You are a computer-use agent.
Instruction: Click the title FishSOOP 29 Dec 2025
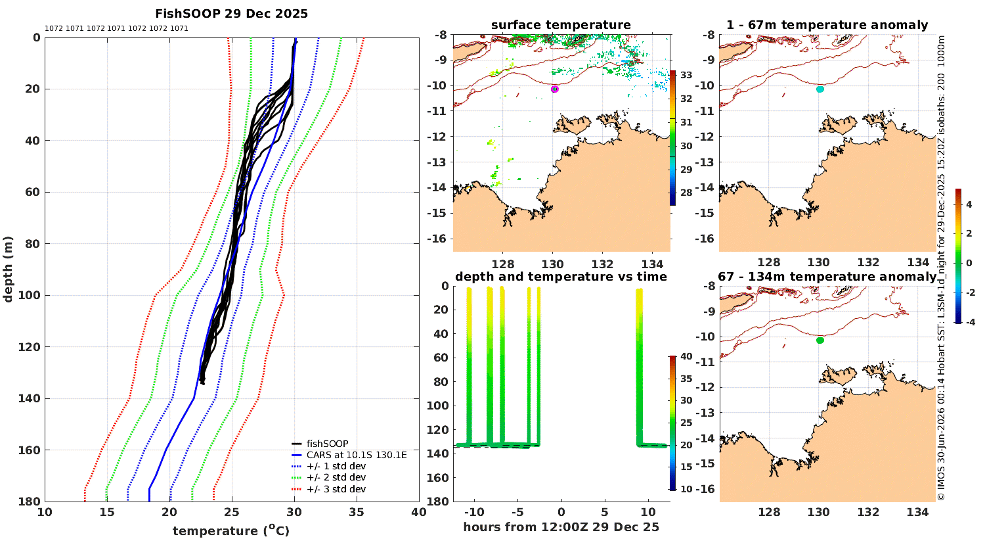[x=231, y=14]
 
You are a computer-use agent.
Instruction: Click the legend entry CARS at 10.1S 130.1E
[x=357, y=455]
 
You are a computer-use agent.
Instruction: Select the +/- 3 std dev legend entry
[x=336, y=489]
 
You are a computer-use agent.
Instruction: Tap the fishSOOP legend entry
[x=328, y=444]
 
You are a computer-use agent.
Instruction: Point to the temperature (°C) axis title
[x=231, y=530]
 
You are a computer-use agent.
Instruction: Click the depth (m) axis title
[x=8, y=269]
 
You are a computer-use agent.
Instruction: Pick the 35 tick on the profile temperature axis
[x=357, y=512]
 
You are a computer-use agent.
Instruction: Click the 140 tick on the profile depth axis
[x=30, y=398]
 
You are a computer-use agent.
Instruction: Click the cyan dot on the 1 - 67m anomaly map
[x=820, y=89]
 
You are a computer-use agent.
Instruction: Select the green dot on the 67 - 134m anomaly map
[x=820, y=340]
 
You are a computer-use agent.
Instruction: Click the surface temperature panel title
[x=561, y=25]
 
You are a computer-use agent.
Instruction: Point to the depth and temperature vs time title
[x=561, y=276]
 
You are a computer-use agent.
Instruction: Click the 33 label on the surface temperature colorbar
[x=686, y=75]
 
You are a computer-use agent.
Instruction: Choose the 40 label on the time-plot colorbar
[x=686, y=356]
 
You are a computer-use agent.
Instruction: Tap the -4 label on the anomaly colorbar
[x=970, y=322]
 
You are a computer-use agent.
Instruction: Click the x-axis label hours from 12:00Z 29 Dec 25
[x=561, y=527]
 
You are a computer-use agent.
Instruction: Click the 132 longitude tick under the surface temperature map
[x=602, y=264]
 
